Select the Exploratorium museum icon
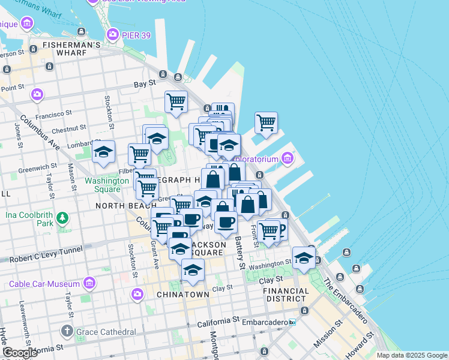[288, 158]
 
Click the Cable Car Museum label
[44, 283]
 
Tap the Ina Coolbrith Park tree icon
[62, 217]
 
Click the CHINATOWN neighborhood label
[182, 295]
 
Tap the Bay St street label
[145, 85]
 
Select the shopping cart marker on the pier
[266, 124]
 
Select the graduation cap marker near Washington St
[304, 258]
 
